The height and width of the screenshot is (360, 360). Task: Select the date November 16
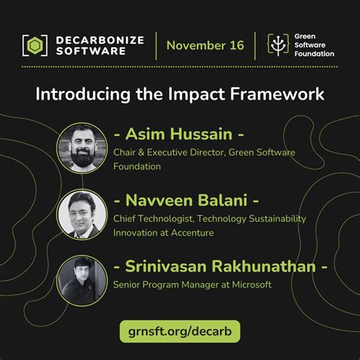(x=205, y=45)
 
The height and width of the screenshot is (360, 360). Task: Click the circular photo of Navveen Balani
(x=81, y=211)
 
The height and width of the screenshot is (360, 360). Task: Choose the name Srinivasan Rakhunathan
(x=220, y=267)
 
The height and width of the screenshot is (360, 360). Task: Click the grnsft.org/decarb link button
(x=179, y=331)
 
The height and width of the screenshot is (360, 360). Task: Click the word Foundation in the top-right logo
(x=315, y=55)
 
